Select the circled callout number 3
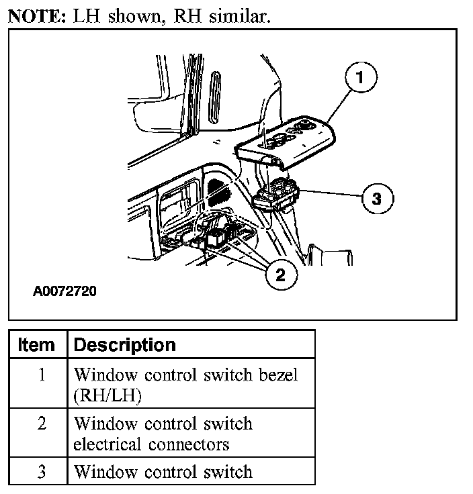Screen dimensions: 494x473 376,198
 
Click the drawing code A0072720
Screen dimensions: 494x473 64,293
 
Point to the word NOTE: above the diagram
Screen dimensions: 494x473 35,17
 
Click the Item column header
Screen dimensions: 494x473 37,345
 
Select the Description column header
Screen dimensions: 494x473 124,345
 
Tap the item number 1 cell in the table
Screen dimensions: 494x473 41,375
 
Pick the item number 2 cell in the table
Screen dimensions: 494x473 41,424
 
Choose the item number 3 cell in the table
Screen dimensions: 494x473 41,472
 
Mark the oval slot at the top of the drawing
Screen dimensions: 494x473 216,97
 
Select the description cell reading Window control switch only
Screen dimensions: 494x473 163,472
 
